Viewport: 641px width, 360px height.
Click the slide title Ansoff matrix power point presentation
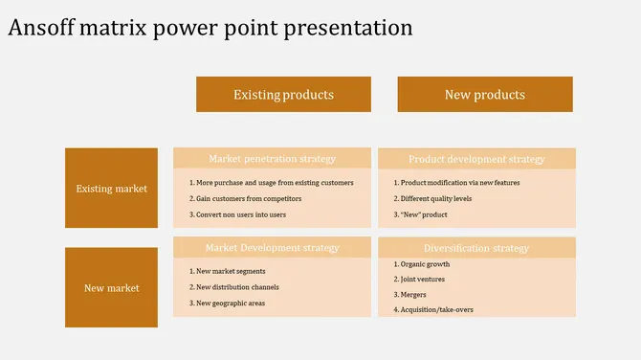tap(210, 28)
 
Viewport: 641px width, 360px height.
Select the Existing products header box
tap(283, 95)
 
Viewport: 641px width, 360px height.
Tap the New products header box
tap(485, 95)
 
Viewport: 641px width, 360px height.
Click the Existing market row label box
tap(112, 189)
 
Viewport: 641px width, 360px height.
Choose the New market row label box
tap(112, 287)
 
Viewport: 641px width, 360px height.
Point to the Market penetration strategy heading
tap(273, 159)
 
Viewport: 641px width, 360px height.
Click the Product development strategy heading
tap(476, 159)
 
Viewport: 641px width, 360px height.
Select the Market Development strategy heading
tap(273, 248)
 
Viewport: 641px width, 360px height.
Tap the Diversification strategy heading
tap(476, 248)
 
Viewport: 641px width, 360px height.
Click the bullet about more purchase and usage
tap(272, 182)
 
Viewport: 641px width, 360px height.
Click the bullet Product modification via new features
tap(457, 182)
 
